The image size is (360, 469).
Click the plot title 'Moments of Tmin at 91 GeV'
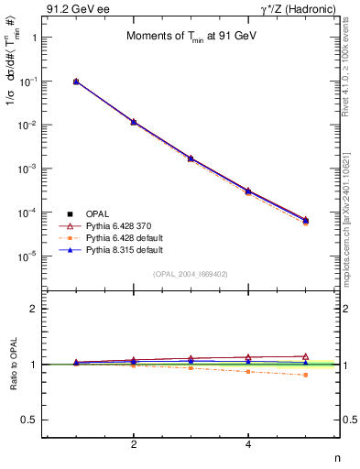tap(191, 37)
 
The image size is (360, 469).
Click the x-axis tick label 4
tap(248, 444)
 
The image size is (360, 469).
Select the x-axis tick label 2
tap(134, 444)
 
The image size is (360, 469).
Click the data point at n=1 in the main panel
tap(76, 82)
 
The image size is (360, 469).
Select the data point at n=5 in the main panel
tap(306, 220)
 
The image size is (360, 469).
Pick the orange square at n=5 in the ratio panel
tap(306, 375)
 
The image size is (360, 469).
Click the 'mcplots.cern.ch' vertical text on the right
tap(351, 211)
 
